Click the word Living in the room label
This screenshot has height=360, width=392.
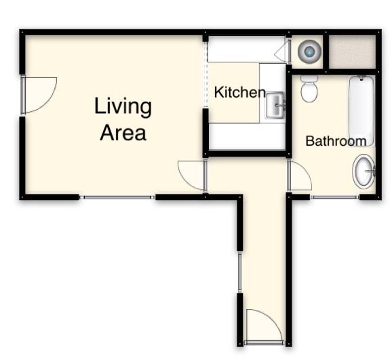tap(123, 107)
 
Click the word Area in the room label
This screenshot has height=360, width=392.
tap(123, 132)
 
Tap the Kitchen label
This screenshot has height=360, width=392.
tap(239, 92)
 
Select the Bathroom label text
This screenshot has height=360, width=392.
tap(336, 141)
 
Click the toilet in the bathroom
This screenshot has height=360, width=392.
tap(309, 88)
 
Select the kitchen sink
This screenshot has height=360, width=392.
tap(275, 105)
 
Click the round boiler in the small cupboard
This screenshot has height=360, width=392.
tap(310, 50)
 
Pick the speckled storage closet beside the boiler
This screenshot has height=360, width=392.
tap(352, 51)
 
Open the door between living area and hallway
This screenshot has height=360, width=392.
tap(192, 175)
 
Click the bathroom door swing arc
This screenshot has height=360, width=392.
tap(299, 176)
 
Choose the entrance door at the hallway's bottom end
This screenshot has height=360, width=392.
tap(262, 327)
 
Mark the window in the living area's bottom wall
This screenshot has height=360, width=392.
tap(117, 197)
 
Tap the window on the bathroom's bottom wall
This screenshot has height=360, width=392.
tap(334, 197)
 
